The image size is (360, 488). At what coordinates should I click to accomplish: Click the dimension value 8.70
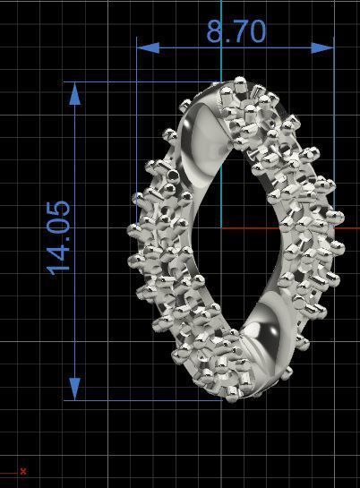[236, 32]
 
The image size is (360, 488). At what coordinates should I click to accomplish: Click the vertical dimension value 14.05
[59, 236]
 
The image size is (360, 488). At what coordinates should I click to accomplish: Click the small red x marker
[23, 471]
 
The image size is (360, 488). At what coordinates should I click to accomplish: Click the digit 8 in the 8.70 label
[216, 32]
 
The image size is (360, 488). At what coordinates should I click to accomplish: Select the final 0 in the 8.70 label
[257, 32]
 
